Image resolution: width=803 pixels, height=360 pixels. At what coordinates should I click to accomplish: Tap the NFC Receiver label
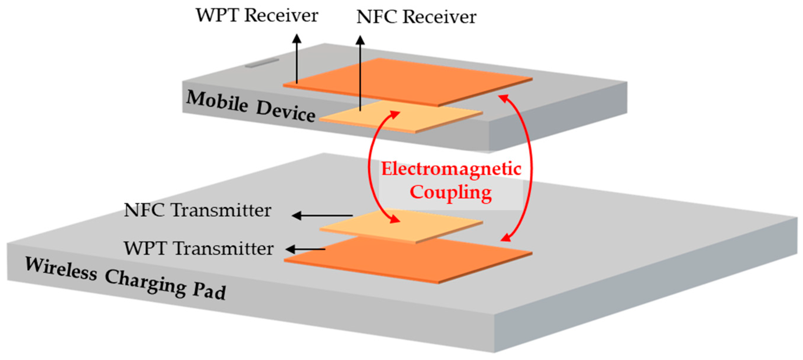pyautogui.click(x=416, y=17)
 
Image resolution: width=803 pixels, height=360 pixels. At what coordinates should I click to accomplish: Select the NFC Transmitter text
pyautogui.click(x=197, y=211)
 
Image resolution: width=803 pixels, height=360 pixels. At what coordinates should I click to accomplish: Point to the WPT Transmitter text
pyautogui.click(x=198, y=249)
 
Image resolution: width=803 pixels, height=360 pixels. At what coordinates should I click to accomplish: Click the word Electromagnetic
pyautogui.click(x=451, y=169)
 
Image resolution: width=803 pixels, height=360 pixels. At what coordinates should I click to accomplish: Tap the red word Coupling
pyautogui.click(x=450, y=192)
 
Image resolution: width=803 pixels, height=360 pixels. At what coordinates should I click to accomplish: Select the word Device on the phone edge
pyautogui.click(x=285, y=113)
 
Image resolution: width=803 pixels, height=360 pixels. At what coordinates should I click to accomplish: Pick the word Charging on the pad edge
pyautogui.click(x=145, y=283)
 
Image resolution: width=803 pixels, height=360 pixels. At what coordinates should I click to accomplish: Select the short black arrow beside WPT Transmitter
pyautogui.click(x=305, y=249)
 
